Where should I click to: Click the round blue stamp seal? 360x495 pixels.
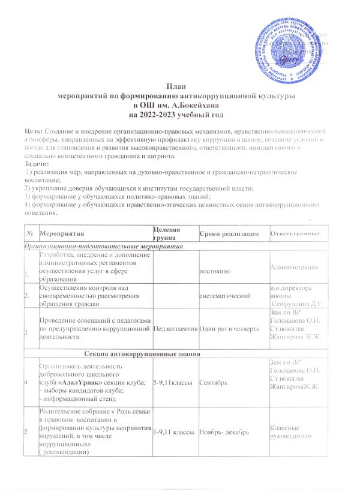(x=292, y=43)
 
